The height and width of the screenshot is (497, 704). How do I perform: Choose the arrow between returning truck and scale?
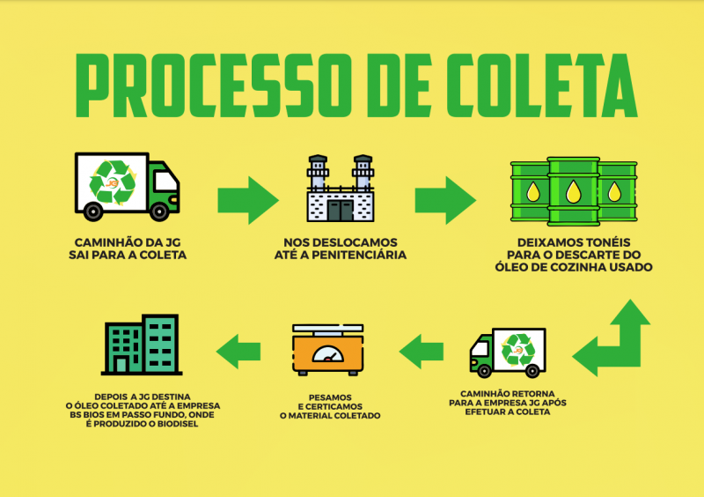(x=423, y=351)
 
